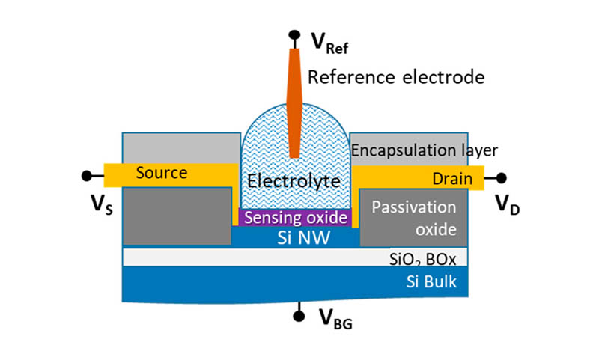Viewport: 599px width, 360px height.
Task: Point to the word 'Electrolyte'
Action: pos(294,180)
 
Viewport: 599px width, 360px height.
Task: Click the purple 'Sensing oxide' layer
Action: pos(294,218)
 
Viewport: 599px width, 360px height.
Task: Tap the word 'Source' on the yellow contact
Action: pos(160,174)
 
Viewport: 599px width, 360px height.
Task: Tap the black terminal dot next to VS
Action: pos(87,176)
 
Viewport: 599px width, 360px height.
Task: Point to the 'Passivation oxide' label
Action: pos(414,216)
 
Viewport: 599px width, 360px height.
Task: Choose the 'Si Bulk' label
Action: pos(430,282)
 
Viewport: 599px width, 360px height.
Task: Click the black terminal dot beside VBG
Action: pos(299,315)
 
